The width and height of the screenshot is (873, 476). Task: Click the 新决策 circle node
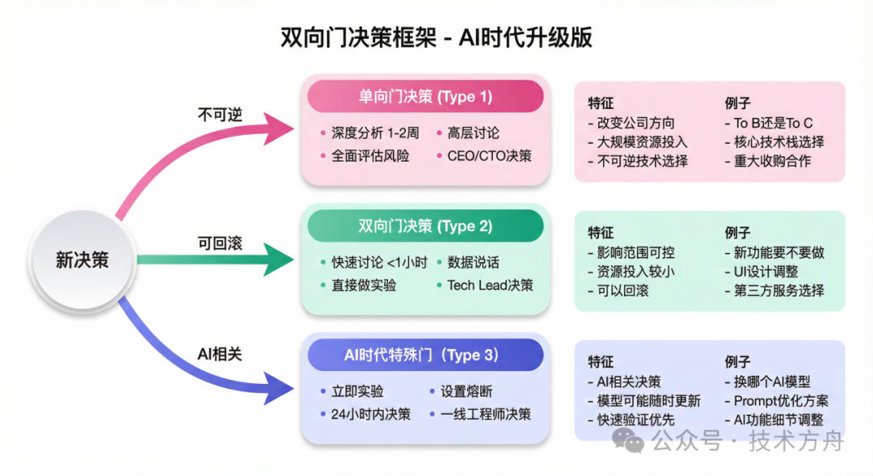coord(82,260)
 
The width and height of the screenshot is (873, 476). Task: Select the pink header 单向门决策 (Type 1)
coord(425,97)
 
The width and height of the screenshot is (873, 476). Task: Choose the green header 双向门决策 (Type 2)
coord(425,226)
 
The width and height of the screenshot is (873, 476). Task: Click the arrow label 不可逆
coord(220,114)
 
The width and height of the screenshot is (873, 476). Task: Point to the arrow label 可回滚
coord(220,242)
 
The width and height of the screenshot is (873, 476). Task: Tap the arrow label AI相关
coord(220,354)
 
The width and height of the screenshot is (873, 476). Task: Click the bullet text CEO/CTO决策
coord(489,156)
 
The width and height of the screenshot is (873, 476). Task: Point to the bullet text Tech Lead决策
coord(490,285)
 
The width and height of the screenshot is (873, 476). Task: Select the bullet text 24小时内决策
coord(371,415)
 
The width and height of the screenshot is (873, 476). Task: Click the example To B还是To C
coord(773,124)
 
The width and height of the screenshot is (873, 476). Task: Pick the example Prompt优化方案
coord(781,401)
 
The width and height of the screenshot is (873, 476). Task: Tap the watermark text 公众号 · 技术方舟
coord(748,440)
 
